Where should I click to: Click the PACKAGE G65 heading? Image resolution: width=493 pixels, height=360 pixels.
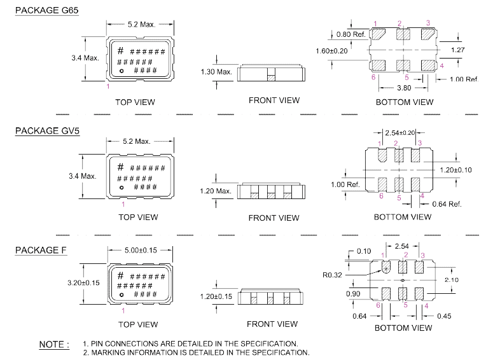(47, 10)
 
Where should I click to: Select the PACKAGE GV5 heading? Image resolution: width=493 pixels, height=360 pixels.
(47, 131)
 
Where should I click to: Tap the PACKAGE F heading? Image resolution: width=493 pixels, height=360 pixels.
(41, 250)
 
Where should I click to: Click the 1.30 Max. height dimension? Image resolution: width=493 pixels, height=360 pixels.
(216, 72)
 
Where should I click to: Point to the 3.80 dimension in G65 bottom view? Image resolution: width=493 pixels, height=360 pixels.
(404, 88)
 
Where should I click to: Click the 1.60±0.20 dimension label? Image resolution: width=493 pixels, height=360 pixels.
(331, 51)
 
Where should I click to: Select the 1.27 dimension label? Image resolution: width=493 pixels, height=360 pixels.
(457, 50)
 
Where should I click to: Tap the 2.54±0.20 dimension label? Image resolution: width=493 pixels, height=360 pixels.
(400, 133)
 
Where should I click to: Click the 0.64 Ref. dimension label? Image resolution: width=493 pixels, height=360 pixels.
(447, 204)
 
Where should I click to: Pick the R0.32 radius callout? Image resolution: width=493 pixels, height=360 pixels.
(332, 275)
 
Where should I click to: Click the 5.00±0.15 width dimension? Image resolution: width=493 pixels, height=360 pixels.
(141, 250)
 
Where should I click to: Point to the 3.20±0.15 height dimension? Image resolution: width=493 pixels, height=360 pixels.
(83, 282)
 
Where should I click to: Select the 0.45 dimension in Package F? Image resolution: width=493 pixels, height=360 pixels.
(444, 316)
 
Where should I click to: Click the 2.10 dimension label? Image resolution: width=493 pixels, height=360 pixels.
(452, 279)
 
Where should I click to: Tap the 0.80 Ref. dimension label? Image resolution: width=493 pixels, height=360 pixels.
(351, 34)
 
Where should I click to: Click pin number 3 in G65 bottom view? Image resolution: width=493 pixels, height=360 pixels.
(428, 23)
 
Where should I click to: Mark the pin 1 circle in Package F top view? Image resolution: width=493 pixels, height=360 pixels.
(122, 295)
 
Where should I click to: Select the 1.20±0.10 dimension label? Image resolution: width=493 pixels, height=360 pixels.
(455, 170)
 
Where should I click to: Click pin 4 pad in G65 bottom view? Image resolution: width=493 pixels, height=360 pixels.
(428, 66)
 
